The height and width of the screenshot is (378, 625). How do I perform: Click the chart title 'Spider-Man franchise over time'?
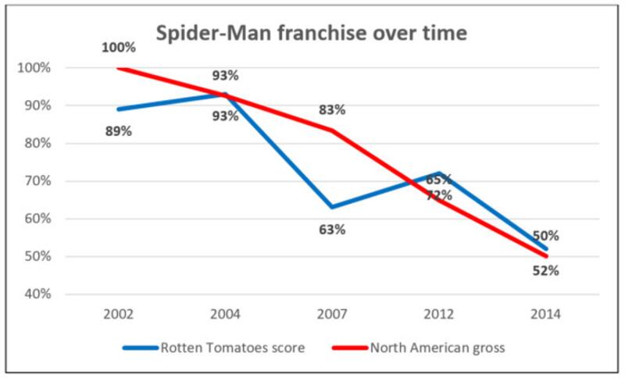(312, 34)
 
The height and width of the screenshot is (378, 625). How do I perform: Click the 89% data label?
(118, 131)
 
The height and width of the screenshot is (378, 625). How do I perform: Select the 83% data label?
(331, 110)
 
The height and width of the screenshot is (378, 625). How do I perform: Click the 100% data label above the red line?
(118, 48)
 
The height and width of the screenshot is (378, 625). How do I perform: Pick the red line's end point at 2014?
(545, 256)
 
